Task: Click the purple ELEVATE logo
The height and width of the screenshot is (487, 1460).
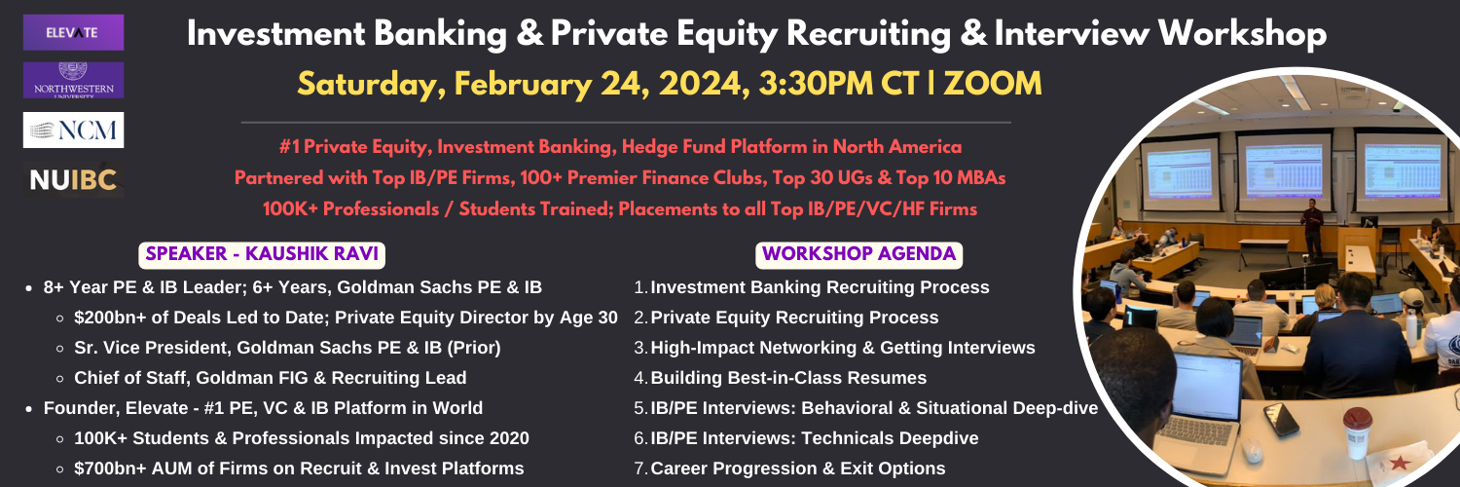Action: (73, 32)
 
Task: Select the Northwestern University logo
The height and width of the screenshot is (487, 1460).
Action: (73, 80)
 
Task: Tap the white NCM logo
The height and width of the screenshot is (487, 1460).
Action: (73, 130)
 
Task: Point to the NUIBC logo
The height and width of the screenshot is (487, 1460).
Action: (73, 180)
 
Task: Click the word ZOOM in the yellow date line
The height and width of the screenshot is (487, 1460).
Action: (992, 84)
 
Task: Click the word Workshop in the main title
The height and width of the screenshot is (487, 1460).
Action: (1242, 34)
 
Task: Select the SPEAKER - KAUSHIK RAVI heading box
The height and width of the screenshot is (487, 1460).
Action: (262, 254)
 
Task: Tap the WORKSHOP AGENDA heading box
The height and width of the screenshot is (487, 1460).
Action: (858, 254)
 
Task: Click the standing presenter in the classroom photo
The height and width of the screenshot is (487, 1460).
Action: (1311, 227)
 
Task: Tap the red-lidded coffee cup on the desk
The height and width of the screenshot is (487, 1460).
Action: (1357, 431)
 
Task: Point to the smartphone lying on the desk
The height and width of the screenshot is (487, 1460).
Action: (1281, 419)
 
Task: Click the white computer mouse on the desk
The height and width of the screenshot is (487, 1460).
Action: (1252, 451)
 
